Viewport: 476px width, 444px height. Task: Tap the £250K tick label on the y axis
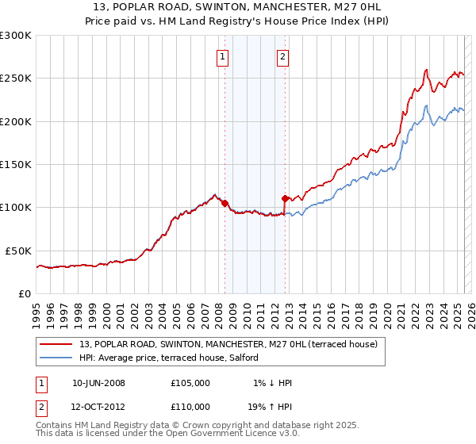16,78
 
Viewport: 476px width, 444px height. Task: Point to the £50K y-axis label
19,251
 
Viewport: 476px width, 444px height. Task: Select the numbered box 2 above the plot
282,56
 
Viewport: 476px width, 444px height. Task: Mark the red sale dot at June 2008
225,203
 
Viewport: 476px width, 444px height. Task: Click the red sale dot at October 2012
285,198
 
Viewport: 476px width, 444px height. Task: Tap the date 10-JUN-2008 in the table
98,383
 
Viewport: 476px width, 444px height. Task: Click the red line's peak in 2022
427,70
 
